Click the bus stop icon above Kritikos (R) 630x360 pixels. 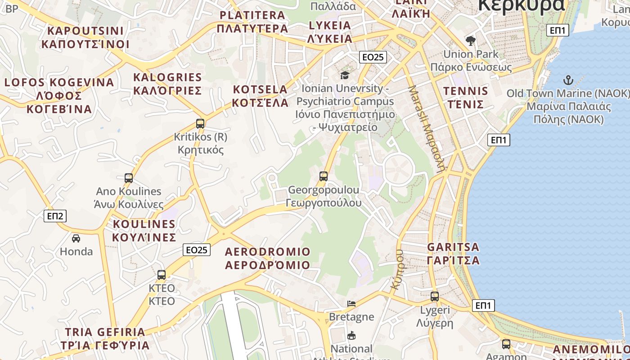200,123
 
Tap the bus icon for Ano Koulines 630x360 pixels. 129,178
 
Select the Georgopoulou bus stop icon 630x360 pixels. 323,176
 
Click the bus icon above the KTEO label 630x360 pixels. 162,274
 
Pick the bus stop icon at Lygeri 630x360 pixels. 434,296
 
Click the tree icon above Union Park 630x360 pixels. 471,41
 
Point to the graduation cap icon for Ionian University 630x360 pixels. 345,75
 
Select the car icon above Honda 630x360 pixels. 76,238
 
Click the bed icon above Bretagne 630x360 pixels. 351,303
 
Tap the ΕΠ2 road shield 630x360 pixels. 56,216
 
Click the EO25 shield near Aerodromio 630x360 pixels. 197,250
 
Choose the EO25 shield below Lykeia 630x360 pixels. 373,57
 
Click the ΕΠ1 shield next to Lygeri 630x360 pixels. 483,306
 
